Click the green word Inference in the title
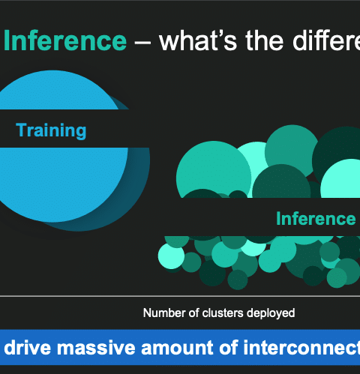click(x=65, y=40)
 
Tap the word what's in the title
click(x=198, y=40)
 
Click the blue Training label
click(x=51, y=130)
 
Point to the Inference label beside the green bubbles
click(x=316, y=219)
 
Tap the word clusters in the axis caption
click(x=223, y=313)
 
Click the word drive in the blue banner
click(x=27, y=347)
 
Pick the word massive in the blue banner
click(x=96, y=347)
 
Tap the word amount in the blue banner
click(x=177, y=347)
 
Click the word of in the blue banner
click(x=229, y=347)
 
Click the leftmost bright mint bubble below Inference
click(x=171, y=256)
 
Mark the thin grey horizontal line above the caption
click(x=180, y=296)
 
